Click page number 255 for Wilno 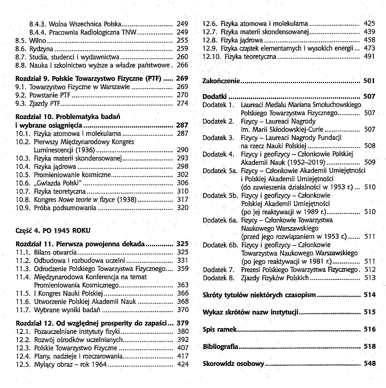click(182, 40)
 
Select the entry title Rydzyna click(41, 49)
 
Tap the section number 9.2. click(21, 95)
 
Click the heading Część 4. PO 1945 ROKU click(53, 230)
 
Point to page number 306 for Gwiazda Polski click(183, 183)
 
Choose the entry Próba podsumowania click(65, 208)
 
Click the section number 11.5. click(23, 293)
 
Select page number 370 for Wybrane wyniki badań click(183, 310)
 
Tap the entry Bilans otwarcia click(55, 252)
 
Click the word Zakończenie click(221, 81)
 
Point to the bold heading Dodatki click(214, 97)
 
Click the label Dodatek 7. click(219, 270)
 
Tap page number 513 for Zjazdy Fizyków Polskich click(370, 278)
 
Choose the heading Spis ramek click(220, 329)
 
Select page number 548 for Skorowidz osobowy click(370, 363)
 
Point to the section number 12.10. click(212, 57)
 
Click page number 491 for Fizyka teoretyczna click(370, 57)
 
